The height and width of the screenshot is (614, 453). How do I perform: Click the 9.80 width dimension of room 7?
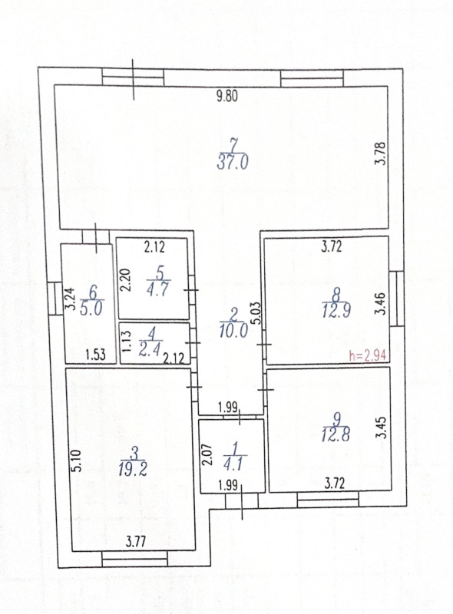[227, 95]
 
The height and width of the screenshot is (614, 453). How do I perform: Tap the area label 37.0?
[233, 162]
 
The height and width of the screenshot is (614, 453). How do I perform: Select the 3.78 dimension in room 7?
[381, 153]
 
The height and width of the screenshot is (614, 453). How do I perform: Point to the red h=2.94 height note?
[368, 355]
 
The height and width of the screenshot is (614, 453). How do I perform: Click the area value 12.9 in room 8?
[336, 310]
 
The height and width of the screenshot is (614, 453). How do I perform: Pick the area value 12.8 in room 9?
[336, 434]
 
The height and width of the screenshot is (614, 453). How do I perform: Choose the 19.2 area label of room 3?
[133, 469]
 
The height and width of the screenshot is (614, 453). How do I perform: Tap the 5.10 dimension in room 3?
[78, 460]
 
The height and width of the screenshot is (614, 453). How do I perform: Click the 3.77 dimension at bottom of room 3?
[136, 542]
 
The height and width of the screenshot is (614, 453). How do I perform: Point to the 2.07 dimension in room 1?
[207, 454]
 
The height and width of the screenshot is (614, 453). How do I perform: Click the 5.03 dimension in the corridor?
[256, 312]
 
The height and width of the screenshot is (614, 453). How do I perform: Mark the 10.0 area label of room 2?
[233, 331]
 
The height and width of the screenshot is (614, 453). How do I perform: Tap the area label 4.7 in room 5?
[158, 289]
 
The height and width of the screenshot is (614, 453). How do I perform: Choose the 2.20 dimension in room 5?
[125, 279]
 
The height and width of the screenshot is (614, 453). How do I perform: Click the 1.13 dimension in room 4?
[127, 342]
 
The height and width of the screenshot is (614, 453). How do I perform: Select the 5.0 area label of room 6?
[91, 309]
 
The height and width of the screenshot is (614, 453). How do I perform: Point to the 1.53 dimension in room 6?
[96, 355]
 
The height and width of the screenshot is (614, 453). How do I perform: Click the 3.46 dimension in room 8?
[381, 303]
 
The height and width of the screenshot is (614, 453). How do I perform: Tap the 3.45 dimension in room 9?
[381, 427]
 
